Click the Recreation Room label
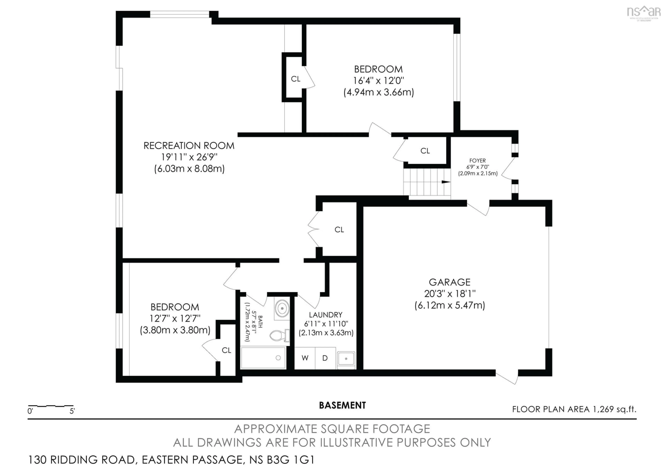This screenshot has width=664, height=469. pyautogui.click(x=189, y=146)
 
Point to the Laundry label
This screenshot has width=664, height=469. pyautogui.click(x=326, y=315)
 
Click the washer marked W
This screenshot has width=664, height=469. pyautogui.click(x=305, y=358)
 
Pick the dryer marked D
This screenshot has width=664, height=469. pyautogui.click(x=325, y=358)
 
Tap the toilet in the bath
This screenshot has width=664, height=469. pyautogui.click(x=278, y=336)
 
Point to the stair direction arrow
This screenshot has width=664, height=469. pyautogui.click(x=446, y=182)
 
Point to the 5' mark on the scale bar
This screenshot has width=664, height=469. pyautogui.click(x=72, y=411)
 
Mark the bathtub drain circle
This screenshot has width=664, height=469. pyautogui.click(x=278, y=358)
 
